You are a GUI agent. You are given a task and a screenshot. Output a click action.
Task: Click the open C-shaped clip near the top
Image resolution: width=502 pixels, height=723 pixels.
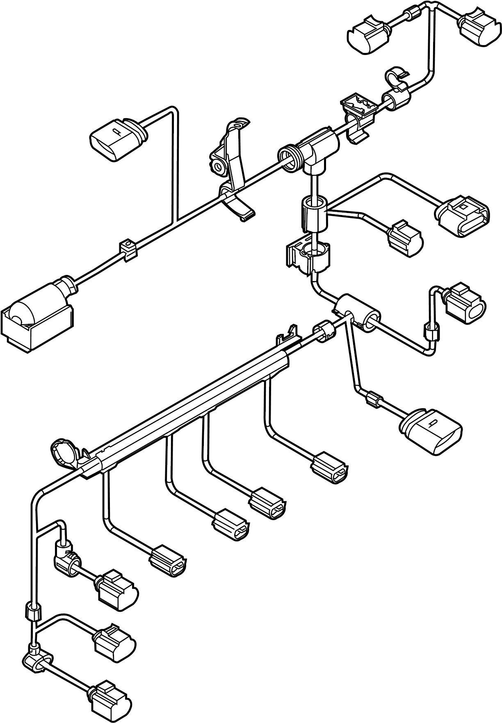point(396,78)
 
